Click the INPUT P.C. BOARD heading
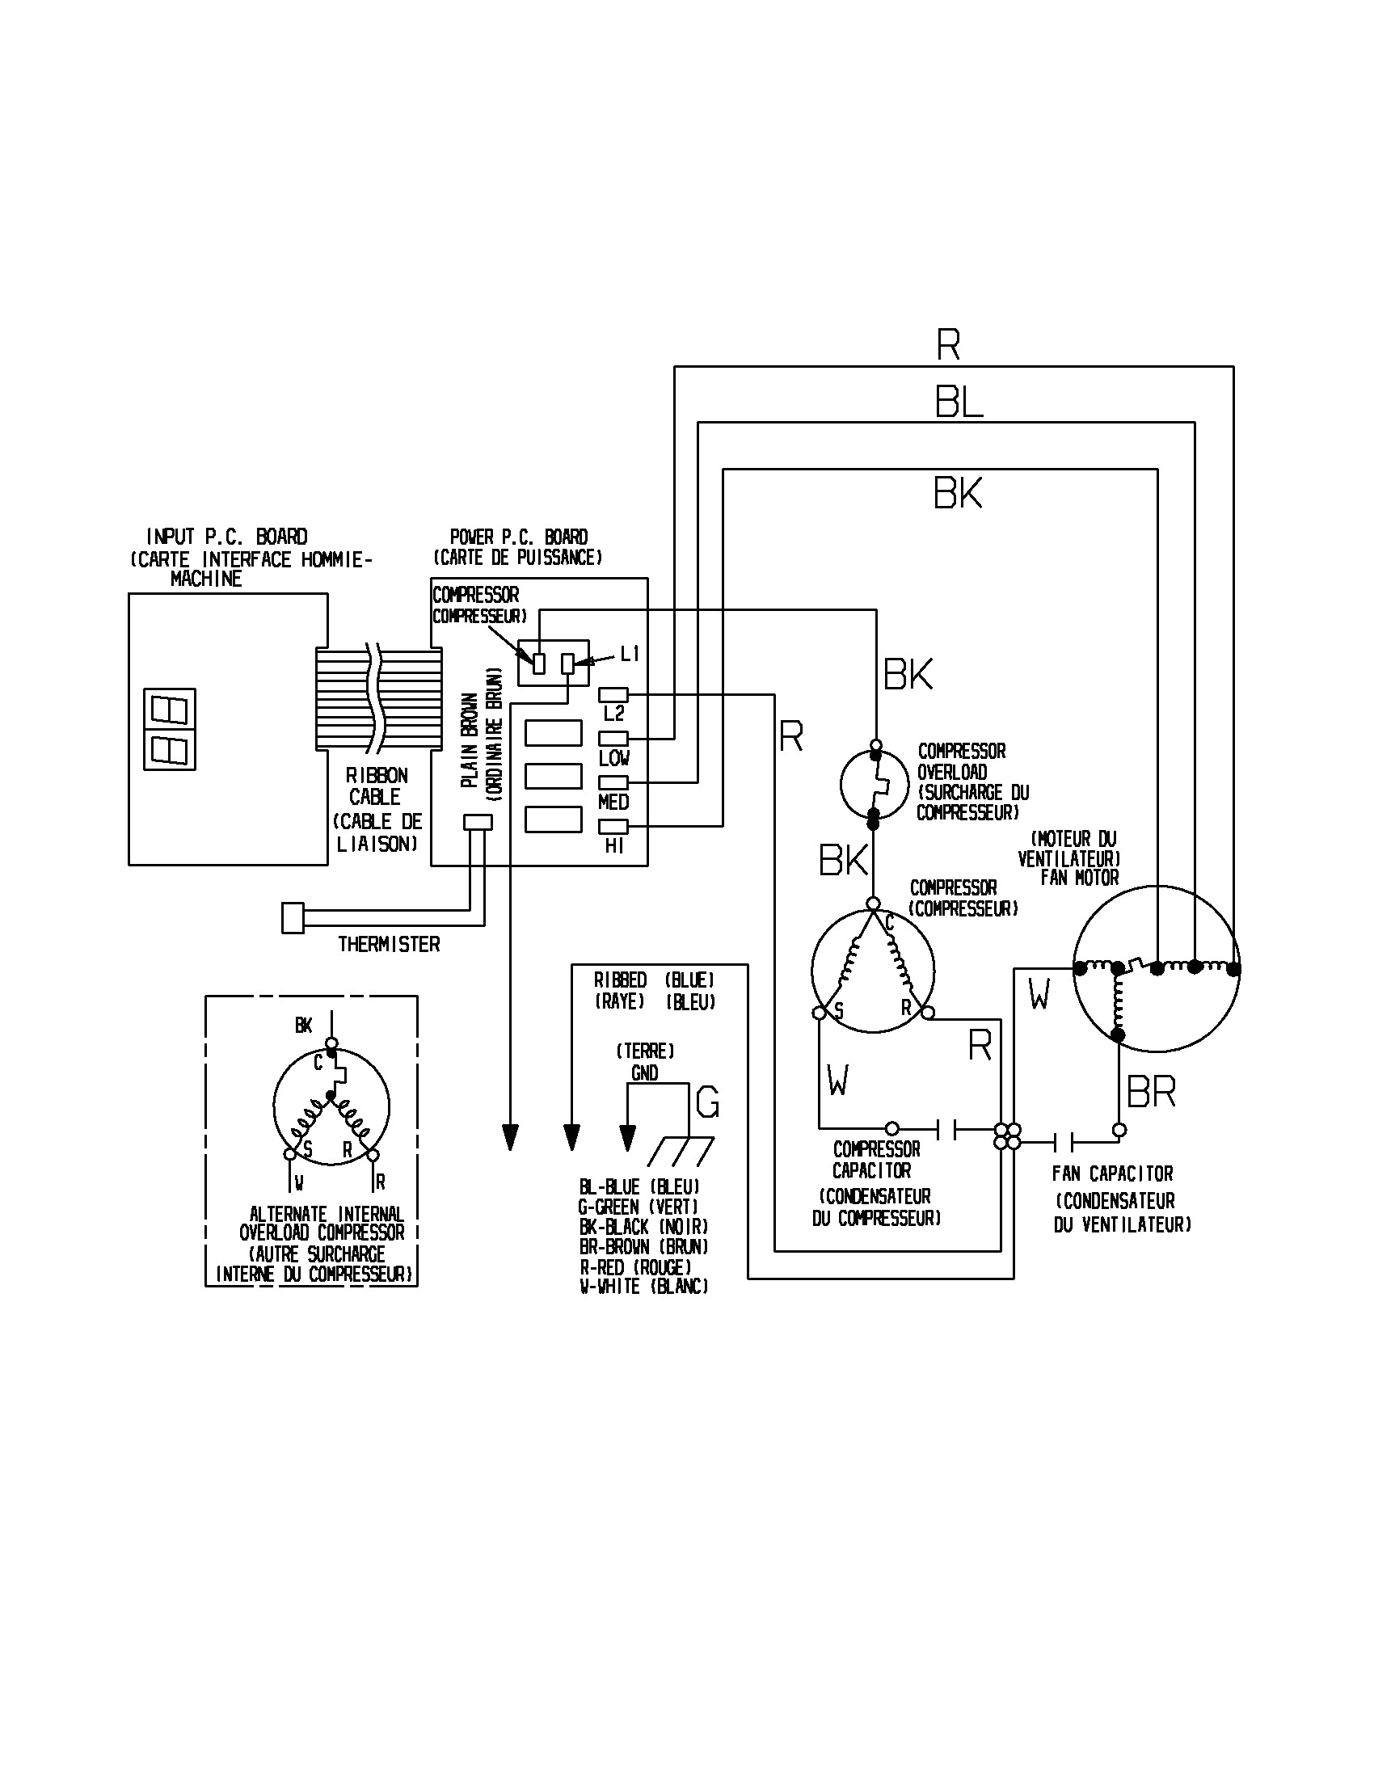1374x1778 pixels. point(226,537)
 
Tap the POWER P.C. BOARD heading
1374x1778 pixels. point(519,537)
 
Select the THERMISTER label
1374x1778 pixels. point(388,944)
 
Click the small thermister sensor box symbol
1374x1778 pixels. point(293,918)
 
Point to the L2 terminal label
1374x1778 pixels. point(613,714)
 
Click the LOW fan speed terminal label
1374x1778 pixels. point(613,758)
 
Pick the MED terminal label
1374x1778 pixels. point(613,802)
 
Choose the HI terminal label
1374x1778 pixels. point(613,846)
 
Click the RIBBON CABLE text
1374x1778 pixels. point(376,786)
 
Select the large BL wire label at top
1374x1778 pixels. point(958,402)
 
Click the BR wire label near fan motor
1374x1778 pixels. point(1151,1093)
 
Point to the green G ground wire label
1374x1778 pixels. point(707,1104)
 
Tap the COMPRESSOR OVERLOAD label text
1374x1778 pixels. point(961,761)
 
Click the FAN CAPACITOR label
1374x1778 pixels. point(1112,1174)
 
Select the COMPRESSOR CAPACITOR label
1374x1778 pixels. point(876,1160)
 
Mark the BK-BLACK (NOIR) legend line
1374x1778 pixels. point(643,1227)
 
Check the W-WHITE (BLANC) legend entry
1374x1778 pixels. point(643,1287)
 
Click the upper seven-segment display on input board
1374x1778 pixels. point(169,709)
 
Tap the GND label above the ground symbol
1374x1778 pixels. point(644,1073)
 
